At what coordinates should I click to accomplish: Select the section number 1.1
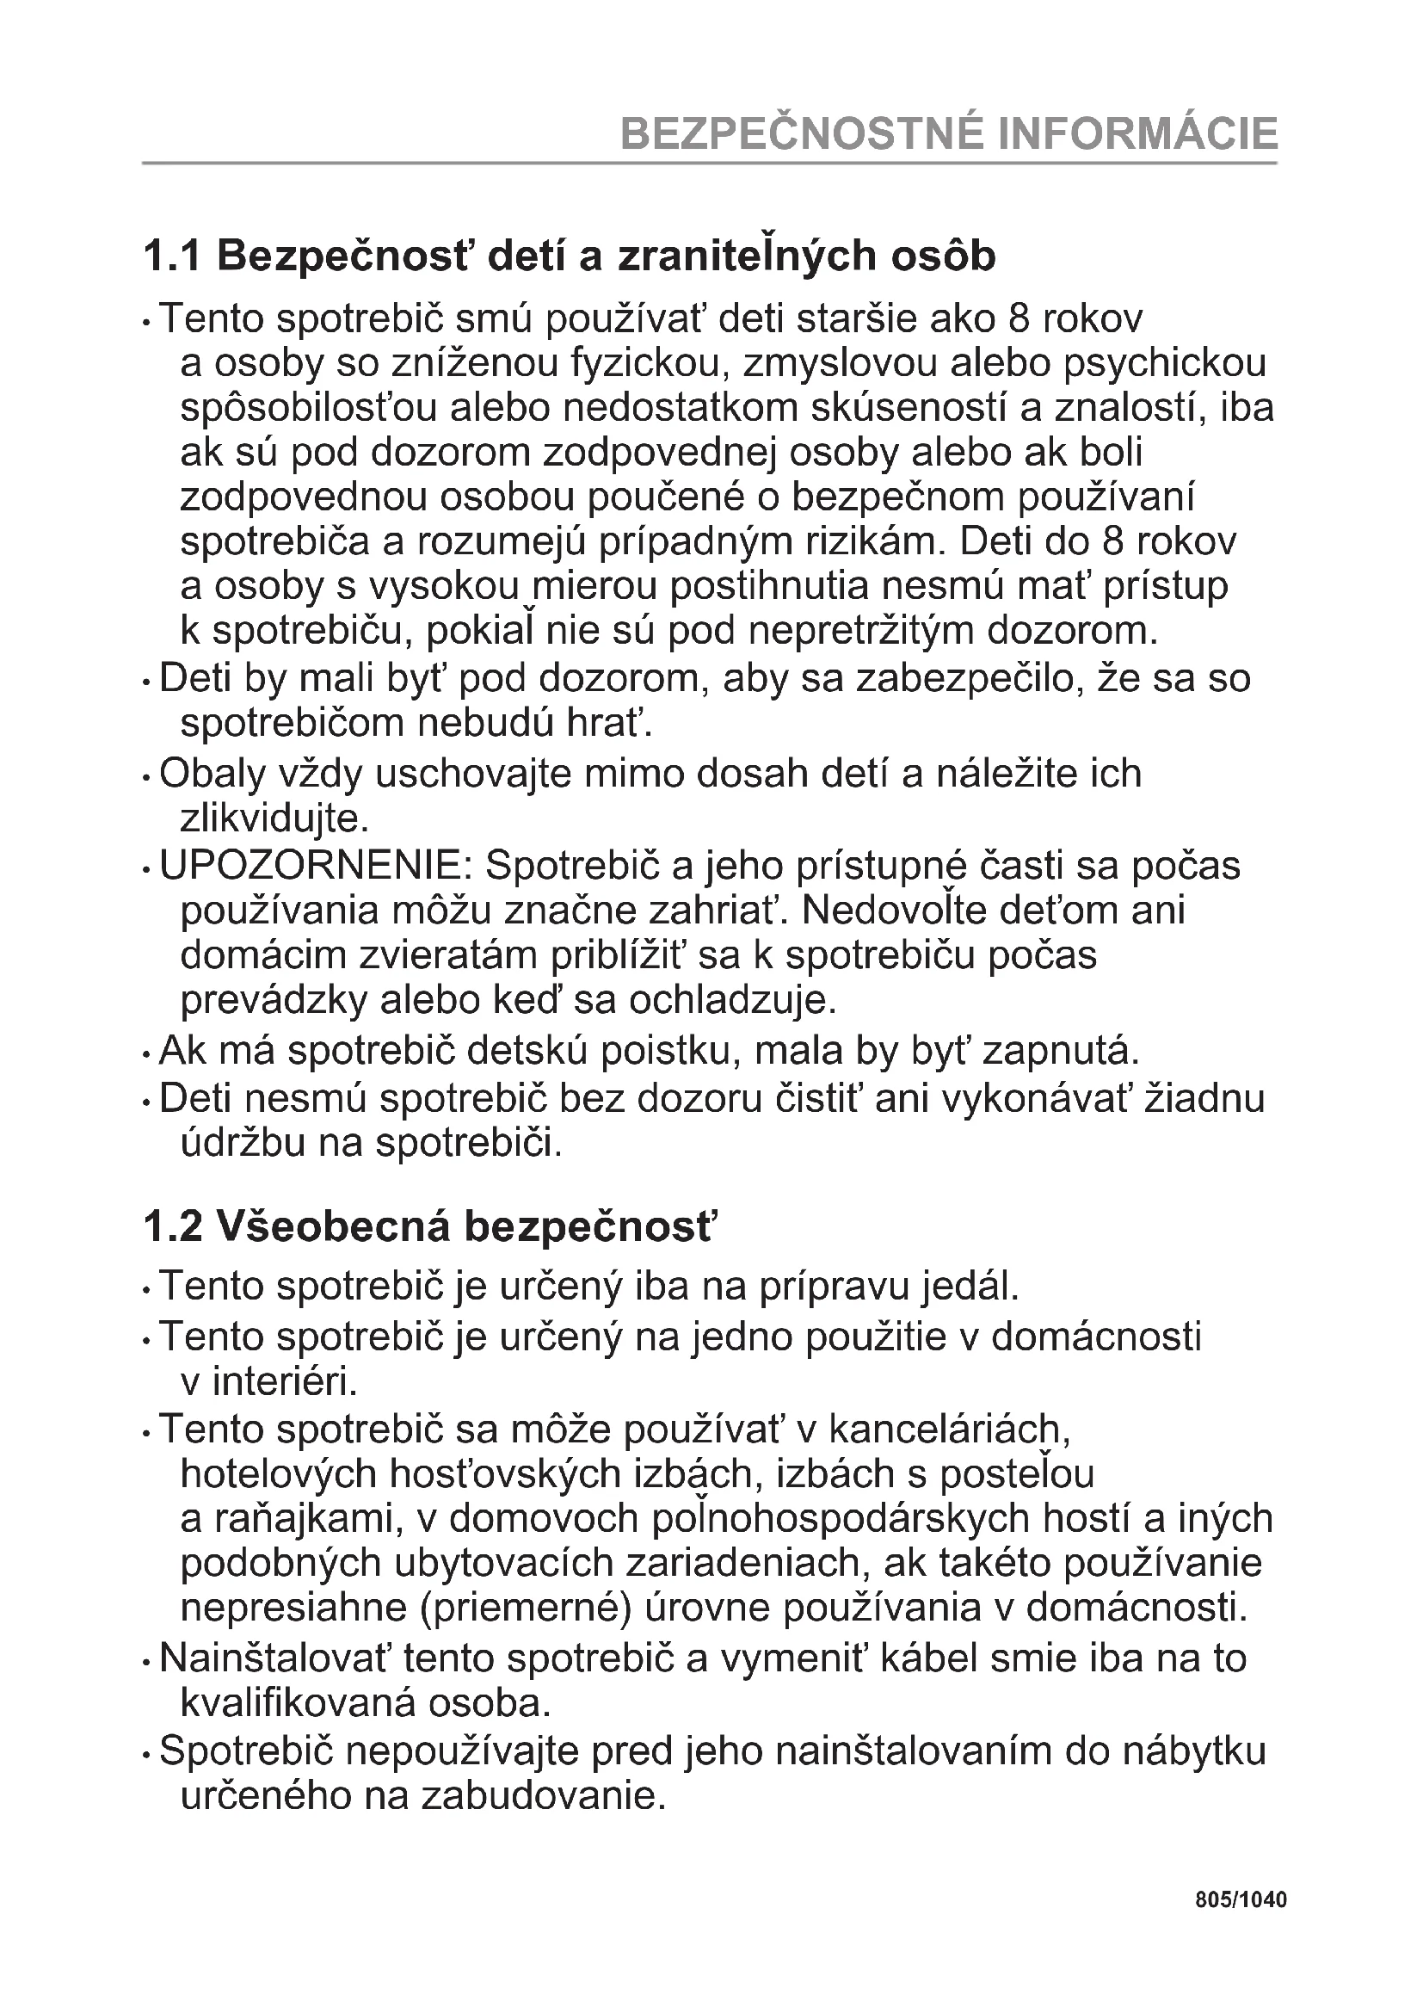tap(172, 256)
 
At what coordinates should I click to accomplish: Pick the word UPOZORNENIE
tap(316, 867)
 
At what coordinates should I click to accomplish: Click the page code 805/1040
tap(1241, 1901)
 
